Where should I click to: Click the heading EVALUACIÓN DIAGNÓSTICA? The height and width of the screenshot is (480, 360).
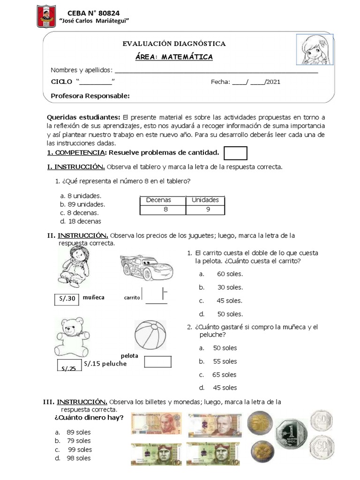point(174,44)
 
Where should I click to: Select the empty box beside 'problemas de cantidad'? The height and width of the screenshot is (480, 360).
point(235,153)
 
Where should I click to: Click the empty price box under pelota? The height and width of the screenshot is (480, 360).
point(158,362)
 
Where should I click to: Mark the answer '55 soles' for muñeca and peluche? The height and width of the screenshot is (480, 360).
point(225,361)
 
